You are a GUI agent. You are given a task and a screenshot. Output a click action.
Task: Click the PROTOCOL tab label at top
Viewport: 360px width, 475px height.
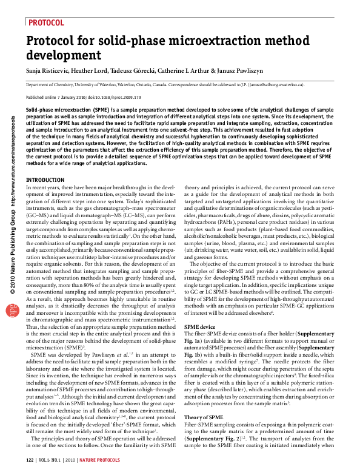(47, 22)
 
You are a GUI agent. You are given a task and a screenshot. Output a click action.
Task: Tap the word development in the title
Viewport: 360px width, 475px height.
(64, 55)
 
